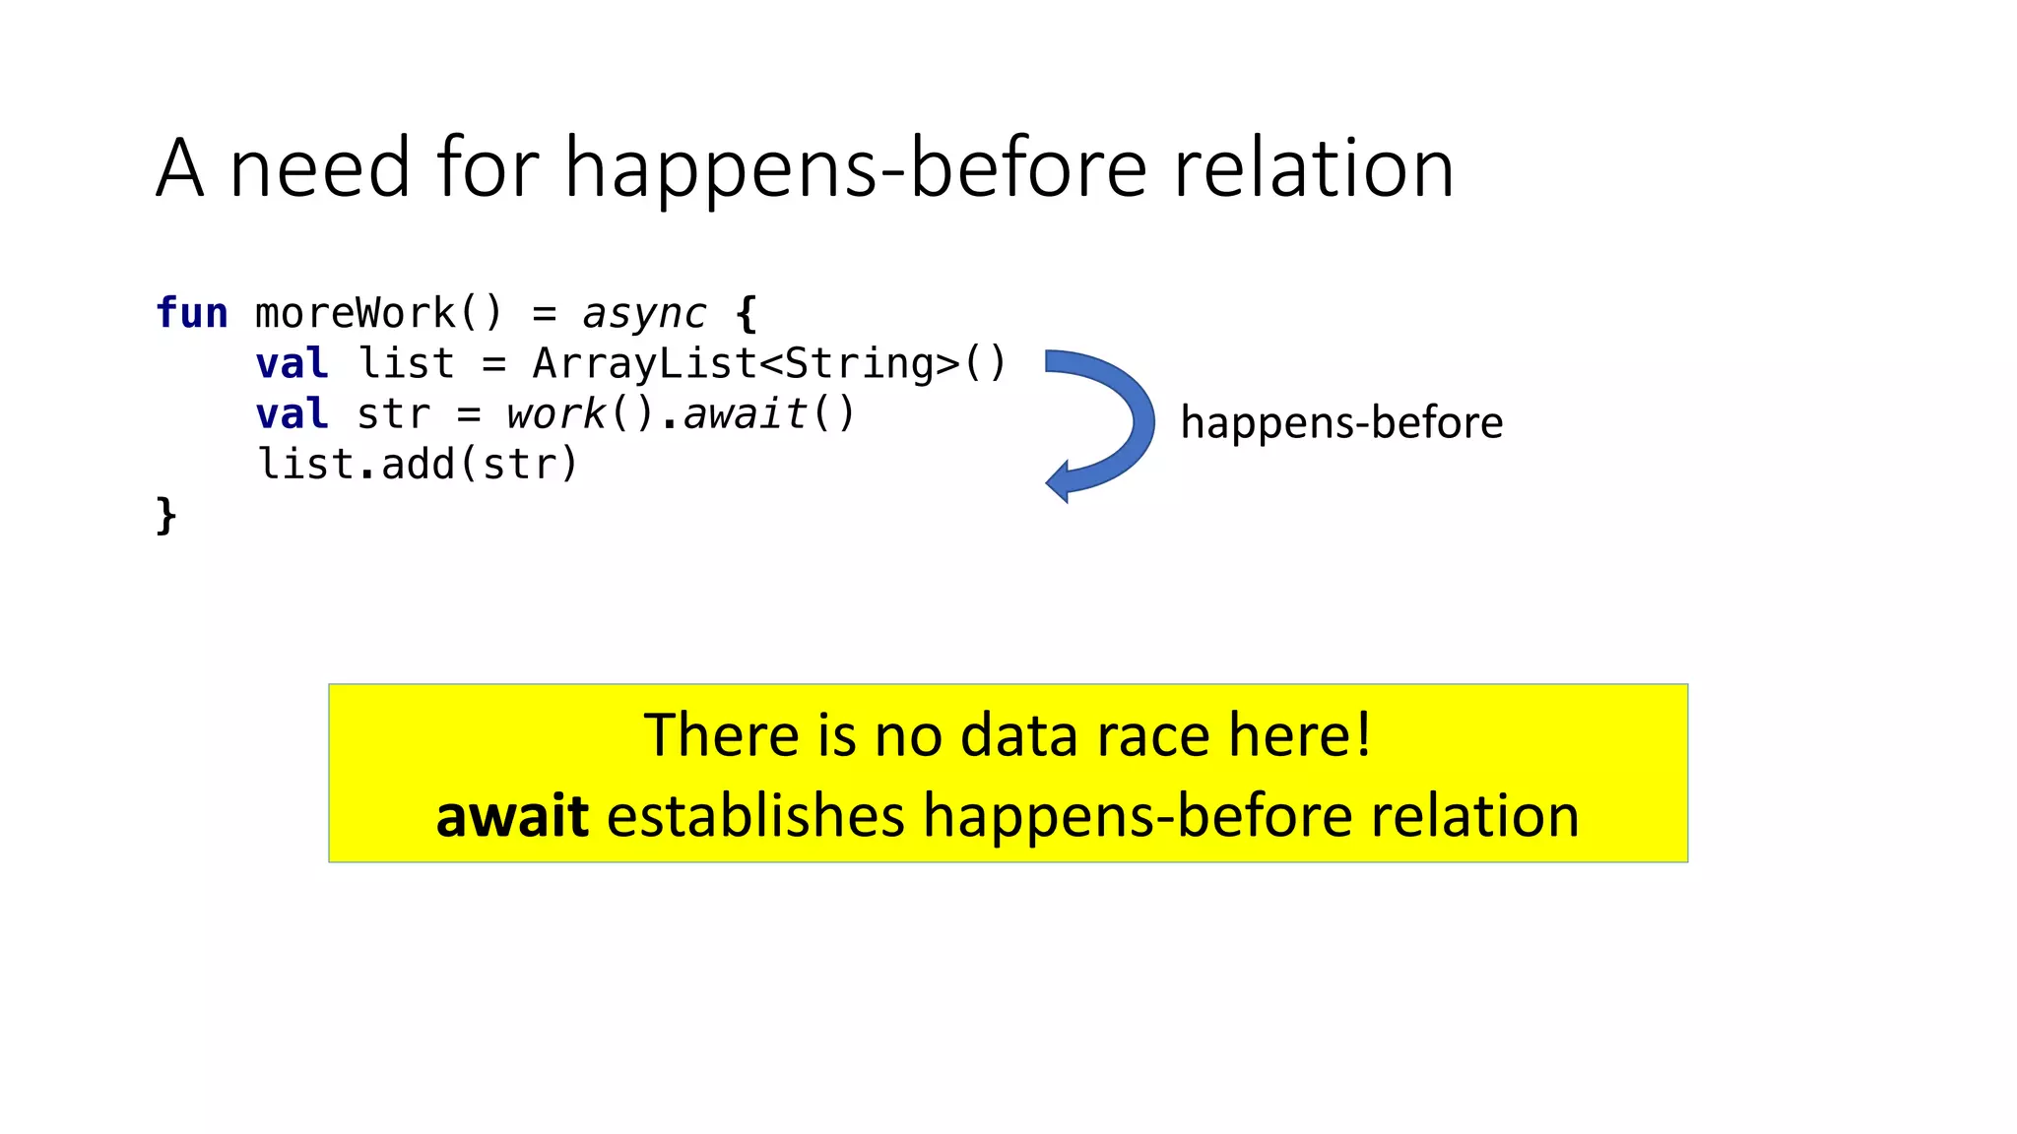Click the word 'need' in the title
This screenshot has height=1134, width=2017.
point(319,168)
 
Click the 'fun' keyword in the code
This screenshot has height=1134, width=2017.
point(192,313)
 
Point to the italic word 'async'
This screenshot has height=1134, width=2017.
point(644,314)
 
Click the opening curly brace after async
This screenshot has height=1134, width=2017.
point(747,313)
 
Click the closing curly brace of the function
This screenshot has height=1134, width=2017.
point(165,515)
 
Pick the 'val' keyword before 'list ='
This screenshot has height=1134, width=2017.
point(292,363)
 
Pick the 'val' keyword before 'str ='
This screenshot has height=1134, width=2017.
point(292,413)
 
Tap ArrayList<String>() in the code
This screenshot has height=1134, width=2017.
point(769,363)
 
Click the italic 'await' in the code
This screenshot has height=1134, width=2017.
point(746,413)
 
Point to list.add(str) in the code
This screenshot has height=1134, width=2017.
point(418,464)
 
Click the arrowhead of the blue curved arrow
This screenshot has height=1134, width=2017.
point(1060,481)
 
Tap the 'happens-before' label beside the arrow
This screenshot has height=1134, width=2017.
point(1341,422)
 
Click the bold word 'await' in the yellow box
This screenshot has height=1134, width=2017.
point(512,816)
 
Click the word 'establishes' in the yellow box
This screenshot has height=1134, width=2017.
point(755,816)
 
